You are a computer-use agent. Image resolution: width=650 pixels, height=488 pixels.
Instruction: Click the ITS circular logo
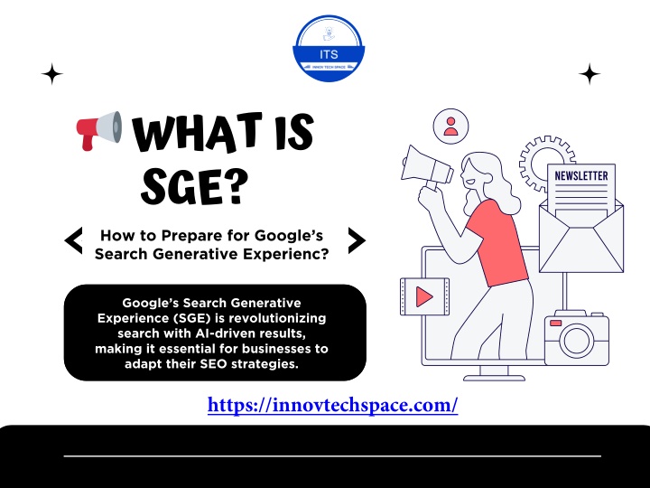coord(329,48)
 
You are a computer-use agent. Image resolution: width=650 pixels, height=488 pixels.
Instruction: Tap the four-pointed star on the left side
coord(52,74)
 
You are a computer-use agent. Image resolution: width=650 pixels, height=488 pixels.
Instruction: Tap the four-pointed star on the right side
coord(589,74)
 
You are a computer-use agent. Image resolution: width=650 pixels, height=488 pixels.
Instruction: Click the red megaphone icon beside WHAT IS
coord(99,130)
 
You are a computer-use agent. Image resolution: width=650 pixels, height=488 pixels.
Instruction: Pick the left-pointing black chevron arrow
coord(74,240)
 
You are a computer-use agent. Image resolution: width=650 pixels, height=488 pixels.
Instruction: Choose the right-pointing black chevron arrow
coord(357,240)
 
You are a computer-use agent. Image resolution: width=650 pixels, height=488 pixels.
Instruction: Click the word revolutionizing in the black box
coord(277,318)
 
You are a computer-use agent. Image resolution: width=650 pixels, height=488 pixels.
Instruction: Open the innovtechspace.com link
coord(332,405)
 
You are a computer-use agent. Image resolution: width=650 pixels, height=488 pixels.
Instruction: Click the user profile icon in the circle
coord(450,127)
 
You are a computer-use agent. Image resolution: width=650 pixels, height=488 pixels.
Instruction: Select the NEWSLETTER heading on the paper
coord(581,176)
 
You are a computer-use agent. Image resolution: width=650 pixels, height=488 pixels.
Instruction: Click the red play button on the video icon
coord(424,296)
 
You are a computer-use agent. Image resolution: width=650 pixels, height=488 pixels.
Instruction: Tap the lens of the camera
coord(577,341)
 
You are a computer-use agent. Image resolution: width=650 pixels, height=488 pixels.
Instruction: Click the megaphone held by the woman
coord(426,168)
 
